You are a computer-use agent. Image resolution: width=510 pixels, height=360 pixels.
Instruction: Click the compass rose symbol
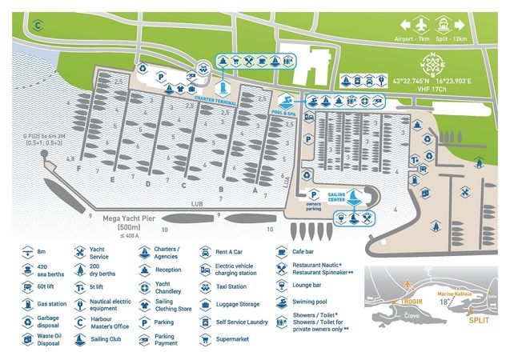coord(436,62)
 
